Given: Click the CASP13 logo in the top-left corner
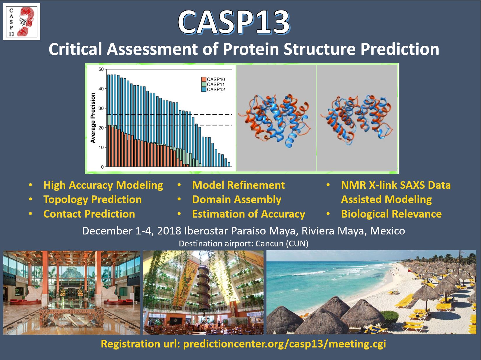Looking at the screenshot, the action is (22, 22).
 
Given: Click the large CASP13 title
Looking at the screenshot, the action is (234, 22).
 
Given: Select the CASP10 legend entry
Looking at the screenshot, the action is (213, 79).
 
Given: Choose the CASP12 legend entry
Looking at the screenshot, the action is (213, 89).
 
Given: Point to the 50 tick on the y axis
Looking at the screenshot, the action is (101, 69).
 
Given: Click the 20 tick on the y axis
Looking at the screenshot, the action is (101, 128).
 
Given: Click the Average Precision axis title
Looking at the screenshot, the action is (93, 118).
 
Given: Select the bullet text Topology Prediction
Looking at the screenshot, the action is (92, 199).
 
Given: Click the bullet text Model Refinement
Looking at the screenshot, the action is (238, 185).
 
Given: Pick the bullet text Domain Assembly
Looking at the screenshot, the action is (237, 200).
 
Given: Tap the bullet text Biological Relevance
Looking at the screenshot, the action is (392, 214).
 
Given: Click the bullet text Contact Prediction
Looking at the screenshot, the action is (89, 214).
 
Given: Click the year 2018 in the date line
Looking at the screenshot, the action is (169, 231).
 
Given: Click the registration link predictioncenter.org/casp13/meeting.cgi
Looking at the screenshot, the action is (285, 344).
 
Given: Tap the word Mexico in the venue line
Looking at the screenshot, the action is (387, 231).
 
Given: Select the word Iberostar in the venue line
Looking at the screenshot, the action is (206, 231).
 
